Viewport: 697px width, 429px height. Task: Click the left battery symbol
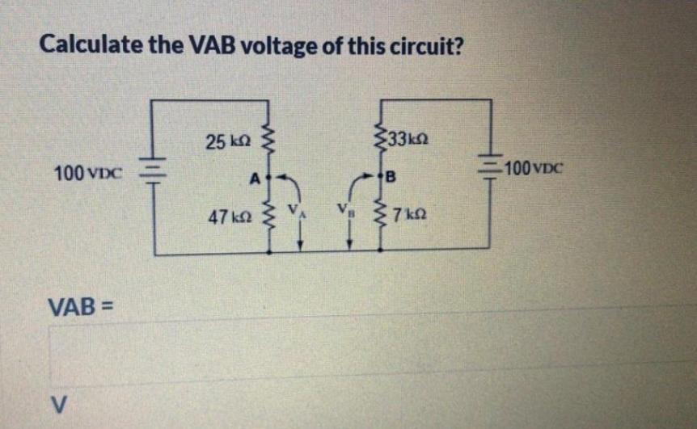coord(154,171)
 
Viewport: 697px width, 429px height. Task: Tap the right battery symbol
coord(489,170)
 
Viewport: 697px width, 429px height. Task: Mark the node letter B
coord(391,176)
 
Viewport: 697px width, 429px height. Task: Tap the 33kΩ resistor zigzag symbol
coord(380,137)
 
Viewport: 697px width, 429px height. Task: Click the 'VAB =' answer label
coord(82,307)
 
